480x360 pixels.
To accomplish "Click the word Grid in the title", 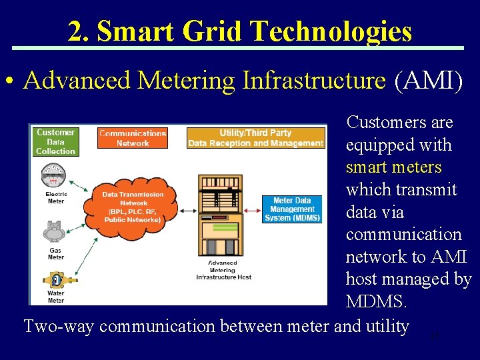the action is (212, 31).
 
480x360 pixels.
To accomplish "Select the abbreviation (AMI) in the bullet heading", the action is (428, 81).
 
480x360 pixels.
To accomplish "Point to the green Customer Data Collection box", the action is (55, 141).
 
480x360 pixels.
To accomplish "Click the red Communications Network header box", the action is (133, 138).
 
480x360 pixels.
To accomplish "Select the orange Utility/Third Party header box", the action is (256, 138).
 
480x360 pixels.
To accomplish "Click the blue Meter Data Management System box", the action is (293, 209).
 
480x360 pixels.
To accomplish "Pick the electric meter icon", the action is (54, 176).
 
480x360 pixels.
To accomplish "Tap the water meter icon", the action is (55, 279).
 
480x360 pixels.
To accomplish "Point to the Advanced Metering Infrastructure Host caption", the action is (223, 270).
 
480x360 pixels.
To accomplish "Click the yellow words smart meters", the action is (393, 167).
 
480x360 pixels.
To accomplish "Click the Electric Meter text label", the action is (56, 197).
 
